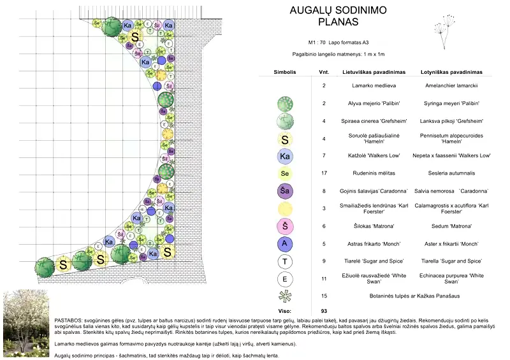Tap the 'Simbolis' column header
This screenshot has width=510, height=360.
tap(285, 73)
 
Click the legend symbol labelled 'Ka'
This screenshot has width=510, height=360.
tap(286, 155)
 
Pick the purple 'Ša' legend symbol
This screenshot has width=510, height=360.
tap(286, 191)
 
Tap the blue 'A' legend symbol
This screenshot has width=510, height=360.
tap(286, 243)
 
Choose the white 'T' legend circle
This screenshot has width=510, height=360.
tap(286, 261)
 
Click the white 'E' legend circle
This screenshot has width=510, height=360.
tap(286, 278)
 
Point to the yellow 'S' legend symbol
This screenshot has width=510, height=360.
tap(286, 138)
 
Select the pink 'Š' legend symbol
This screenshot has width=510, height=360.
tap(286, 226)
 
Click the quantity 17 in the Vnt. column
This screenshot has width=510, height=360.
tap(324, 173)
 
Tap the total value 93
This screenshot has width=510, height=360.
tap(324, 310)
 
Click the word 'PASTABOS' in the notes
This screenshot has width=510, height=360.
tap(68, 317)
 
